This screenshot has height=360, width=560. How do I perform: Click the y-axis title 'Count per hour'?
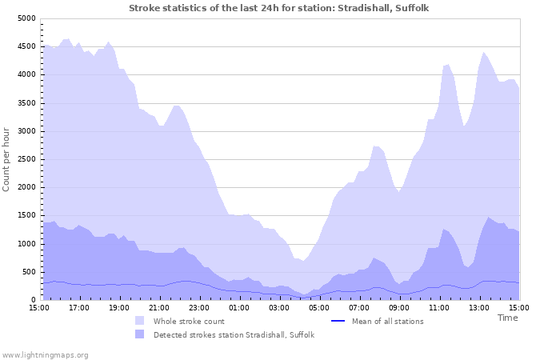7,158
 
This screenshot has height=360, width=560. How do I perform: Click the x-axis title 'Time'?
507,318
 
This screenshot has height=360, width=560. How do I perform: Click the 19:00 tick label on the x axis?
119,307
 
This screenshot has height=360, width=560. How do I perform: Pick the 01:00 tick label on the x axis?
239,307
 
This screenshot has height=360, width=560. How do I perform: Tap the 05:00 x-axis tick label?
319,307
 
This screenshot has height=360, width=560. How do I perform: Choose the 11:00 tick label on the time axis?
439,307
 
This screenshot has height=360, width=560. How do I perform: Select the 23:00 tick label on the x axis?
199,307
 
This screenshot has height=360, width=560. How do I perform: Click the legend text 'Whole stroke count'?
189,321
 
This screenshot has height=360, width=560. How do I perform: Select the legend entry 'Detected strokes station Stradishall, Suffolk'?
234,334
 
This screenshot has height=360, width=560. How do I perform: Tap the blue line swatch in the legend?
338,321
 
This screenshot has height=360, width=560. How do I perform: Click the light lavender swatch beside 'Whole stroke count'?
140,321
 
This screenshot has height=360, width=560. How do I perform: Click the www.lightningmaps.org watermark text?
45,354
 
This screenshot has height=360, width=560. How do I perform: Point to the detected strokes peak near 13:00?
488,217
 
